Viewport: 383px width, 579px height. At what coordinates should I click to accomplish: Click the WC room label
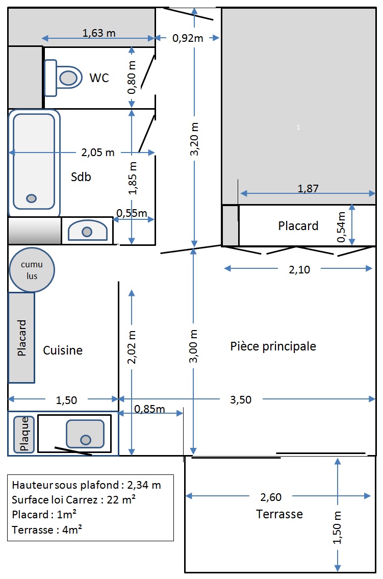coord(99,78)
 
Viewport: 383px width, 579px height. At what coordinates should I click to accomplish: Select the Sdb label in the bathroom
coord(81,177)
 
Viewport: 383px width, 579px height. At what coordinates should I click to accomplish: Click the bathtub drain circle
coord(31,198)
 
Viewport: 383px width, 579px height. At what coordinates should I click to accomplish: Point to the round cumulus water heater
coord(32,270)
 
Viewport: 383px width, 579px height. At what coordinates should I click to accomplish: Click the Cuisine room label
coord(63,350)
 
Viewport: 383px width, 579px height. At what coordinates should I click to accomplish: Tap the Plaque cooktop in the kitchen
coord(24,434)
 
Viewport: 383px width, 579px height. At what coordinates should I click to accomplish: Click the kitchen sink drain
coord(86,440)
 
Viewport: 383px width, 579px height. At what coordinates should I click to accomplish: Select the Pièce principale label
coord(273,346)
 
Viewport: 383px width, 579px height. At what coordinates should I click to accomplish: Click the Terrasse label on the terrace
coord(279,514)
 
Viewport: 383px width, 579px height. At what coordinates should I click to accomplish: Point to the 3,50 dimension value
coord(241,399)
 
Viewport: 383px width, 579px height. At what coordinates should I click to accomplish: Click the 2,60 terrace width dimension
coord(271,497)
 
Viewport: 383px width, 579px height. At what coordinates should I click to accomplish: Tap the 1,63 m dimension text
coord(99,33)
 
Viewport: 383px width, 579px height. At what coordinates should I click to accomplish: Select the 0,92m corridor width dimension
coord(188,38)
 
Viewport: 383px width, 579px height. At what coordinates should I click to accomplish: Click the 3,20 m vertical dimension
coord(194,139)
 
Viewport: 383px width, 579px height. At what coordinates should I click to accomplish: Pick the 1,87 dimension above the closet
coord(308,188)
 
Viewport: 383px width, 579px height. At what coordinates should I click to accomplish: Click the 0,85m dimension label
coord(149,409)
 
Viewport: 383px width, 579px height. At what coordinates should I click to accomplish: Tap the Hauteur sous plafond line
coord(86,485)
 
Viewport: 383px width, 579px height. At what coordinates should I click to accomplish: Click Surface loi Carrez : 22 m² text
coord(74,499)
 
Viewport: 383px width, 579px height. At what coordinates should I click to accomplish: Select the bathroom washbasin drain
coord(87,232)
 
